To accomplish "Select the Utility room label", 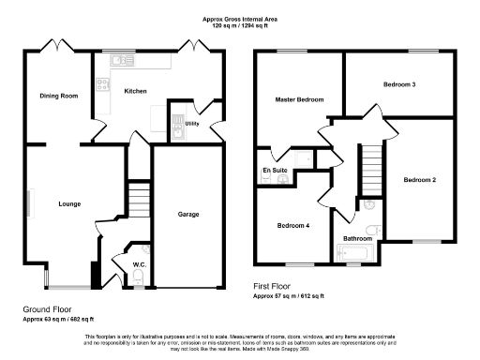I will click(192, 123).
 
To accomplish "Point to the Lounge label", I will click(69, 203).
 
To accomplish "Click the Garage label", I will click(189, 215).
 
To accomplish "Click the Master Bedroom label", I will click(299, 99).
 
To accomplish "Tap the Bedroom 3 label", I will click(399, 85).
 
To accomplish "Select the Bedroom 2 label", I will click(420, 179).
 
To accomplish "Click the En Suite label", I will click(274, 169).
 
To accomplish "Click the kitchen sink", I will click(120, 61).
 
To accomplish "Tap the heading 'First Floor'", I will click(274, 286).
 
